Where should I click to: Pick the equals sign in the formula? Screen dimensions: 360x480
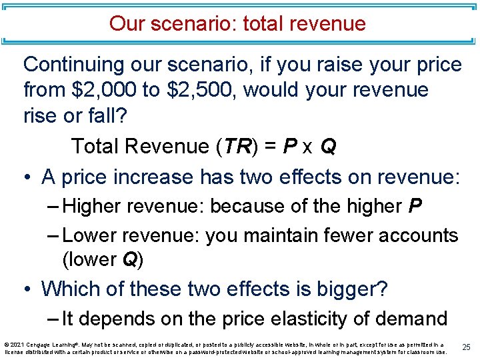tap(267, 146)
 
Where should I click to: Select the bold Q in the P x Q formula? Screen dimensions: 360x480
tap(327, 146)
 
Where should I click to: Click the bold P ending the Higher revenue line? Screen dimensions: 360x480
tap(415, 207)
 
